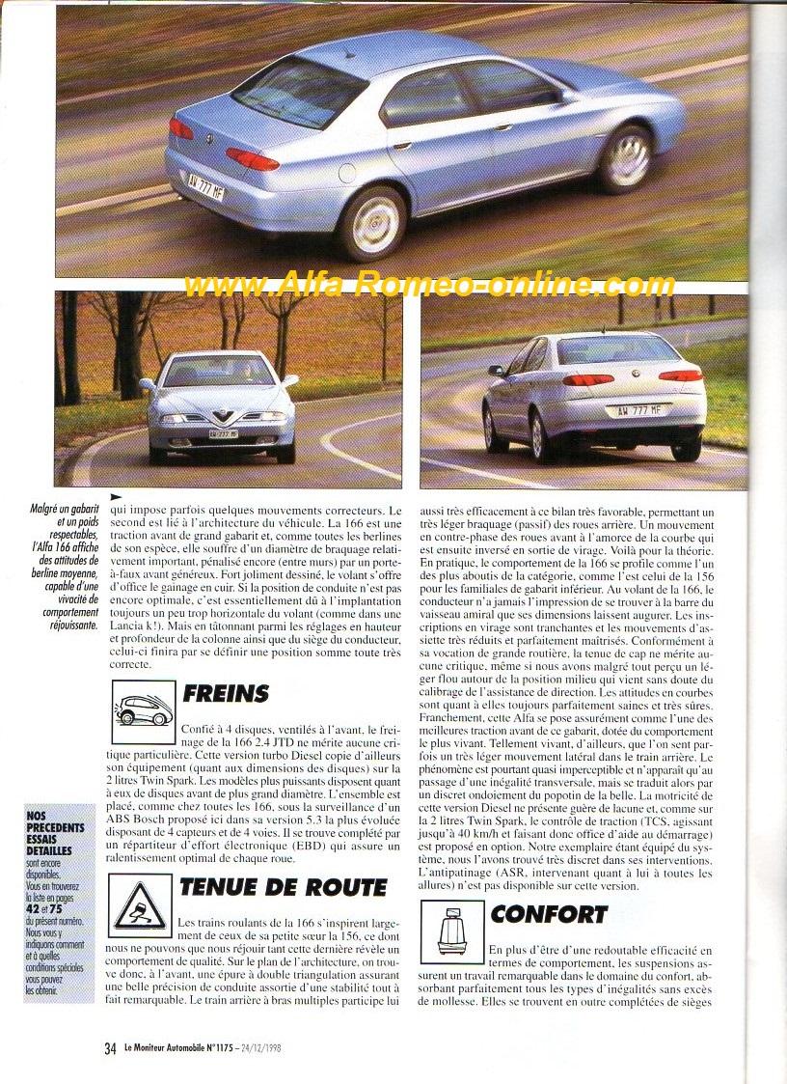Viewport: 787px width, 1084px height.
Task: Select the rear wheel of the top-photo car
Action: coord(372,222)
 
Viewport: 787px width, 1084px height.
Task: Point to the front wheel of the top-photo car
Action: coord(626,158)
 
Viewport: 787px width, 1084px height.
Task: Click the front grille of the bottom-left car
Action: coord(222,421)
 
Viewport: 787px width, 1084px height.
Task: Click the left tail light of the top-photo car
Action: coord(180,128)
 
